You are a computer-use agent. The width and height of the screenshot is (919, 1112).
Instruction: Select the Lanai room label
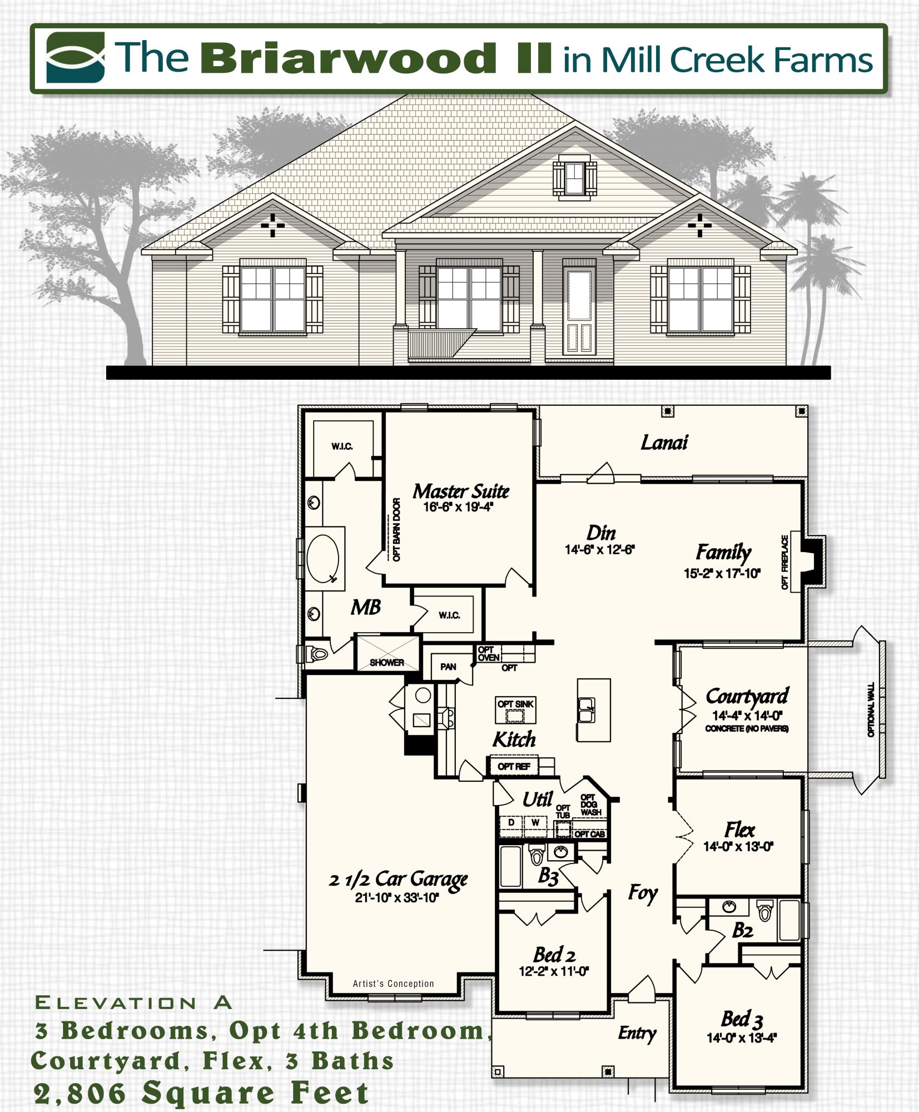(x=664, y=443)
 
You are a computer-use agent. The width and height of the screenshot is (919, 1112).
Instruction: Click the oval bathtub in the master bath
(x=323, y=558)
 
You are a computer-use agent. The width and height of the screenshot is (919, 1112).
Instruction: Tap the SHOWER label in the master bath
(x=387, y=662)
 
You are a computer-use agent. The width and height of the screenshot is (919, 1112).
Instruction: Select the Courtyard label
(x=747, y=696)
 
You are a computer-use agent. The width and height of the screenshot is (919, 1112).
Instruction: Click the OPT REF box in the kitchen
(x=514, y=766)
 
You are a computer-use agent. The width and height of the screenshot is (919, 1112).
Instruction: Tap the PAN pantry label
(x=448, y=667)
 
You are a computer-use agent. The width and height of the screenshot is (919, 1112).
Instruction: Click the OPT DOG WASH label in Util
(x=590, y=805)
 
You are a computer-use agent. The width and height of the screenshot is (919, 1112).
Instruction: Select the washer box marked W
(x=535, y=822)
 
